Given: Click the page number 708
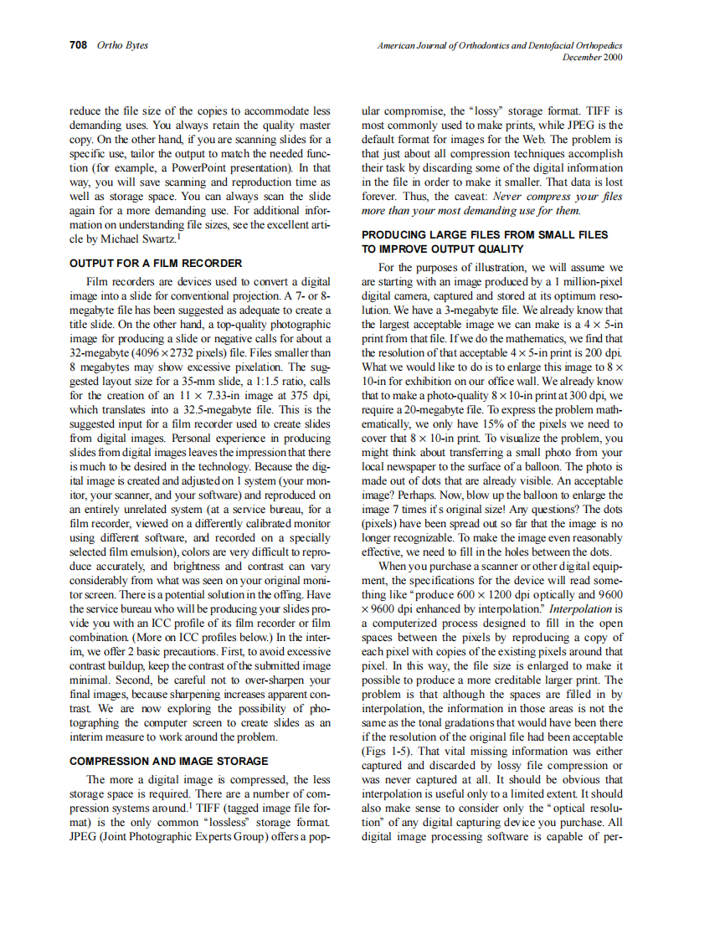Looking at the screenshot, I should (78, 45).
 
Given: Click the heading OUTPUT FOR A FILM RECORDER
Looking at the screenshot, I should (156, 263).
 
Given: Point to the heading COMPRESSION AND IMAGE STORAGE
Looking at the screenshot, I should (168, 761).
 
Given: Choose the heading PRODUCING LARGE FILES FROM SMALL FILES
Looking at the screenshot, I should (485, 235).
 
